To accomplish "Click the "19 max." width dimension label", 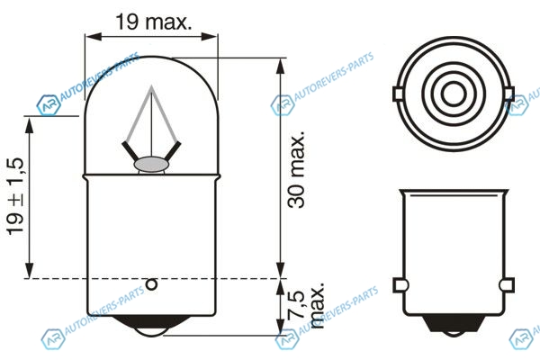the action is tap(154, 22).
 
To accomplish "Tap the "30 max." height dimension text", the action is tap(296, 169).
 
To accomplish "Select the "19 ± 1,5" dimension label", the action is tap(15, 196).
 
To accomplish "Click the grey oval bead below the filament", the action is tap(151, 165).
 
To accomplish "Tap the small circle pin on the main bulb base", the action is tap(151, 284).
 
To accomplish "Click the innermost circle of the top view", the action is tap(454, 94).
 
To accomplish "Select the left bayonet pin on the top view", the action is tap(398, 94).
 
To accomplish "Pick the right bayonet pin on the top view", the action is tap(510, 94).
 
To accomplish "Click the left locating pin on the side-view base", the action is tap(400, 285).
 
